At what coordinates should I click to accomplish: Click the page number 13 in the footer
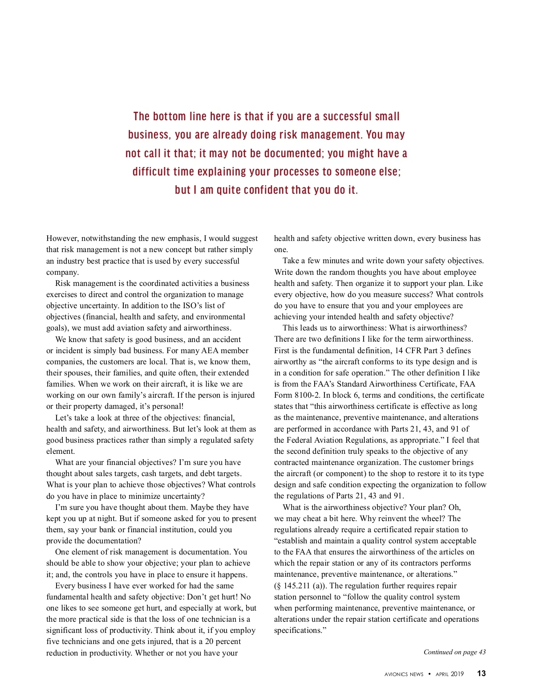coord(481,673)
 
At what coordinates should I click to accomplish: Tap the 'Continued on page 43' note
coord(454,652)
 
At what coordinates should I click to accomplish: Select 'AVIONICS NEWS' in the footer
coord(404,674)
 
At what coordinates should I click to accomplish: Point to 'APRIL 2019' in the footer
coord(449,674)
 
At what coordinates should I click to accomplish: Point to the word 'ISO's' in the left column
coord(194,306)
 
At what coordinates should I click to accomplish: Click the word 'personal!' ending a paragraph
coord(166,407)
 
